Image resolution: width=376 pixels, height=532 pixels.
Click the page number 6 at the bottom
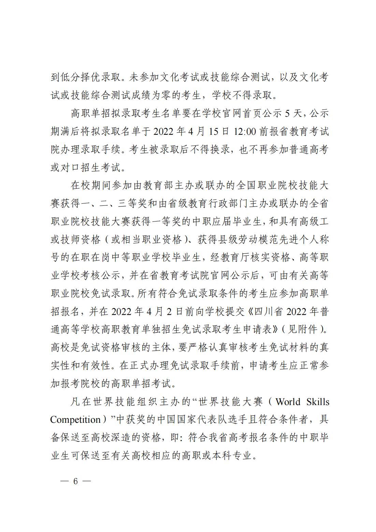click(x=75, y=481)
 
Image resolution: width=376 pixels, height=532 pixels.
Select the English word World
click(x=288, y=402)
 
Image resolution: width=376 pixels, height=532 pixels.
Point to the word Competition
click(x=75, y=419)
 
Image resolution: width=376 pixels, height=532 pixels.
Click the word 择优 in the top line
click(x=95, y=77)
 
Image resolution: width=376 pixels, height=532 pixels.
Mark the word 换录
click(x=220, y=149)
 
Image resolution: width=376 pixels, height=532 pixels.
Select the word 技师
click(x=76, y=240)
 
